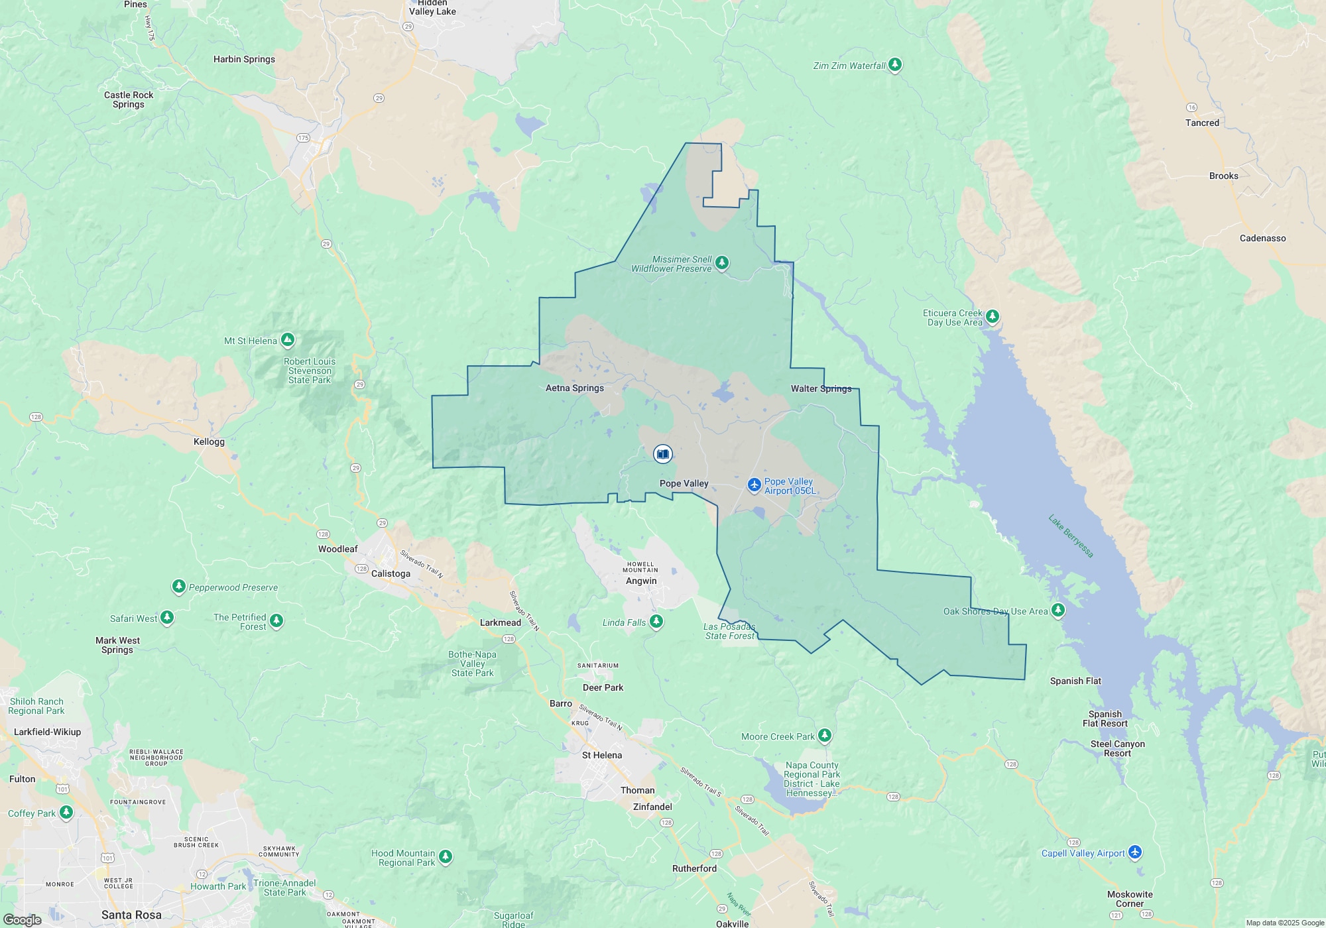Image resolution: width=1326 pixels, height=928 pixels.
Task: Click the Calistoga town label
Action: pyautogui.click(x=391, y=574)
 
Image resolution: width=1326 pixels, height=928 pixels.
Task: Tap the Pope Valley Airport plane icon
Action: pyautogui.click(x=754, y=485)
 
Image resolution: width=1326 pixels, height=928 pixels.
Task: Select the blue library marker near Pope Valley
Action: pyautogui.click(x=662, y=454)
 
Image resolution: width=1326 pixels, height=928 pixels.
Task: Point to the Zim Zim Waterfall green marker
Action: pyautogui.click(x=895, y=64)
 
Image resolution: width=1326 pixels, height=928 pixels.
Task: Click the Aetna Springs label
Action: pyautogui.click(x=574, y=388)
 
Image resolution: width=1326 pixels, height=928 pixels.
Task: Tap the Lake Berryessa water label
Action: pyautogui.click(x=1071, y=536)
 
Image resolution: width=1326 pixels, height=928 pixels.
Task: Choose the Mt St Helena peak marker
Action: pyautogui.click(x=287, y=340)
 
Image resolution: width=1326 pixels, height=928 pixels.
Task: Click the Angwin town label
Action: pyautogui.click(x=641, y=581)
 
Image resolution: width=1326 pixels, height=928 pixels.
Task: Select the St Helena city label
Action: pyautogui.click(x=602, y=756)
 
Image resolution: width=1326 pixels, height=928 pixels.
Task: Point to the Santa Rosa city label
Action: pyautogui.click(x=131, y=915)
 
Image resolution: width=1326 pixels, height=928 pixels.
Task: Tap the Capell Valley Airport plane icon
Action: pyautogui.click(x=1135, y=852)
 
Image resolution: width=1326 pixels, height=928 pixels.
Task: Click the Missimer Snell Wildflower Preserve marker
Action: pyautogui.click(x=722, y=262)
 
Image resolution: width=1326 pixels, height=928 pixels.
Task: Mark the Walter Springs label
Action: pyautogui.click(x=821, y=389)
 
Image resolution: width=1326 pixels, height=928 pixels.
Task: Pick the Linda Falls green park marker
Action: pyautogui.click(x=656, y=621)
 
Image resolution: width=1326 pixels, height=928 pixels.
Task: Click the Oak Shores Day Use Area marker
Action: pyautogui.click(x=1058, y=610)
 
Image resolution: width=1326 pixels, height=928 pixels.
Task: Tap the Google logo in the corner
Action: pyautogui.click(x=23, y=920)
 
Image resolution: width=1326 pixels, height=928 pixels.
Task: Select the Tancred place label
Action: pyautogui.click(x=1202, y=123)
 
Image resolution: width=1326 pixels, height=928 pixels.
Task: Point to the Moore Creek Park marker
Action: pyautogui.click(x=824, y=735)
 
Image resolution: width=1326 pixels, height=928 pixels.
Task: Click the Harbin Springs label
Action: pyautogui.click(x=244, y=60)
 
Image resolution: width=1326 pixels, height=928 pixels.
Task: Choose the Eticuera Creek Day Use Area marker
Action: pyautogui.click(x=992, y=316)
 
